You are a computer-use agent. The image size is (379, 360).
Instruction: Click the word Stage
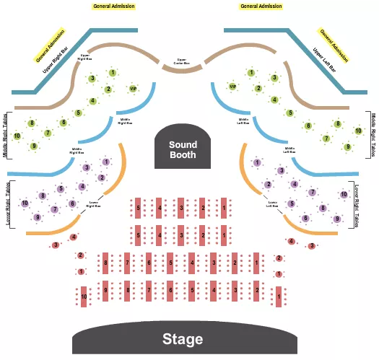[x=182, y=339]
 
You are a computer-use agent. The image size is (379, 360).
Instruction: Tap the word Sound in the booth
[x=183, y=144]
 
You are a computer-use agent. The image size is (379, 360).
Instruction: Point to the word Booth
[x=183, y=154]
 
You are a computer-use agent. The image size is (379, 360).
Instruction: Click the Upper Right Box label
[x=85, y=57]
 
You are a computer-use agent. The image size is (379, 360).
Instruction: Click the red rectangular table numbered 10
[x=84, y=297]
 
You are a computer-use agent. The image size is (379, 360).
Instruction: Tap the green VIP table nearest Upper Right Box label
[x=133, y=89]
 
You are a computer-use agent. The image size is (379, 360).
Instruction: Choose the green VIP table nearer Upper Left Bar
[x=232, y=87]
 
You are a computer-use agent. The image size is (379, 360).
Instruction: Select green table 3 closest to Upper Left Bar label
[x=274, y=78]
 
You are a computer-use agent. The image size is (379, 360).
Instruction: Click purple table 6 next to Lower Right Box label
[x=72, y=203]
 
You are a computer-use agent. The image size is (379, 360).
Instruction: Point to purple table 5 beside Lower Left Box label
[x=291, y=203]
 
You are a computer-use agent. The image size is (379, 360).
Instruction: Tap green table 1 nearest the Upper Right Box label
[x=113, y=73]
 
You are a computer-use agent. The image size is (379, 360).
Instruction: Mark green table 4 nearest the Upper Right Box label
[x=92, y=101]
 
